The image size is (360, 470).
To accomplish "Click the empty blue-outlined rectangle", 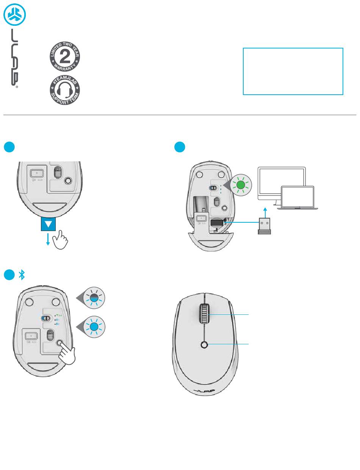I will click(x=293, y=71).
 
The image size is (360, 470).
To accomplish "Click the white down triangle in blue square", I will click(x=48, y=225).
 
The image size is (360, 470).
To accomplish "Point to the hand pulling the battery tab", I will click(x=60, y=239).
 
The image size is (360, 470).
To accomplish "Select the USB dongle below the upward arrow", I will click(x=265, y=226).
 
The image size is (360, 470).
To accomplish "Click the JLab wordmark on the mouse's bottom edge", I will click(x=204, y=390).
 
